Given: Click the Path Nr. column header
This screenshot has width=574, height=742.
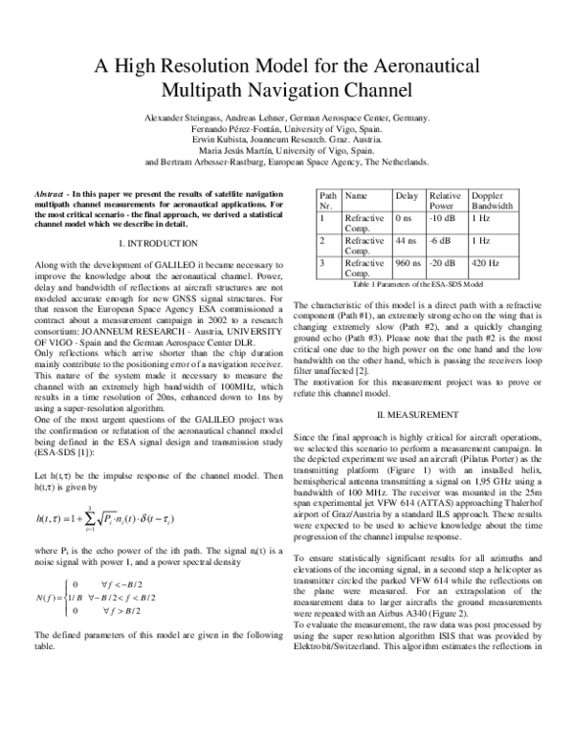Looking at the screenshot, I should pos(328,200).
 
